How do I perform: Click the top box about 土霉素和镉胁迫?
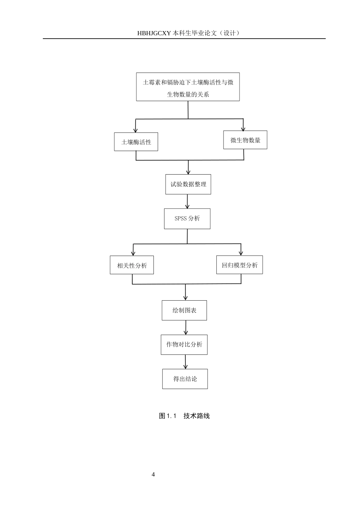click(188, 87)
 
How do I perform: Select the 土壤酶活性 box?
click(136, 142)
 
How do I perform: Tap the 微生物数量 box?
click(245, 140)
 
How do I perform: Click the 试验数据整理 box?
click(188, 184)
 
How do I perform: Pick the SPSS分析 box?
click(187, 219)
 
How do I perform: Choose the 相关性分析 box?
click(132, 265)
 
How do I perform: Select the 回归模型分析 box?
click(239, 265)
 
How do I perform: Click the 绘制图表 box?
click(184, 311)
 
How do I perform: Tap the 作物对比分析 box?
click(184, 345)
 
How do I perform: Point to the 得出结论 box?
click(185, 379)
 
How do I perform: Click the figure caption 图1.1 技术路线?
click(184, 416)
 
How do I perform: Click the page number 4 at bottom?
click(153, 475)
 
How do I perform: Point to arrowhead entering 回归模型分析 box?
click(241, 253)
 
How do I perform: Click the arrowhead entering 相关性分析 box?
click(133, 253)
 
